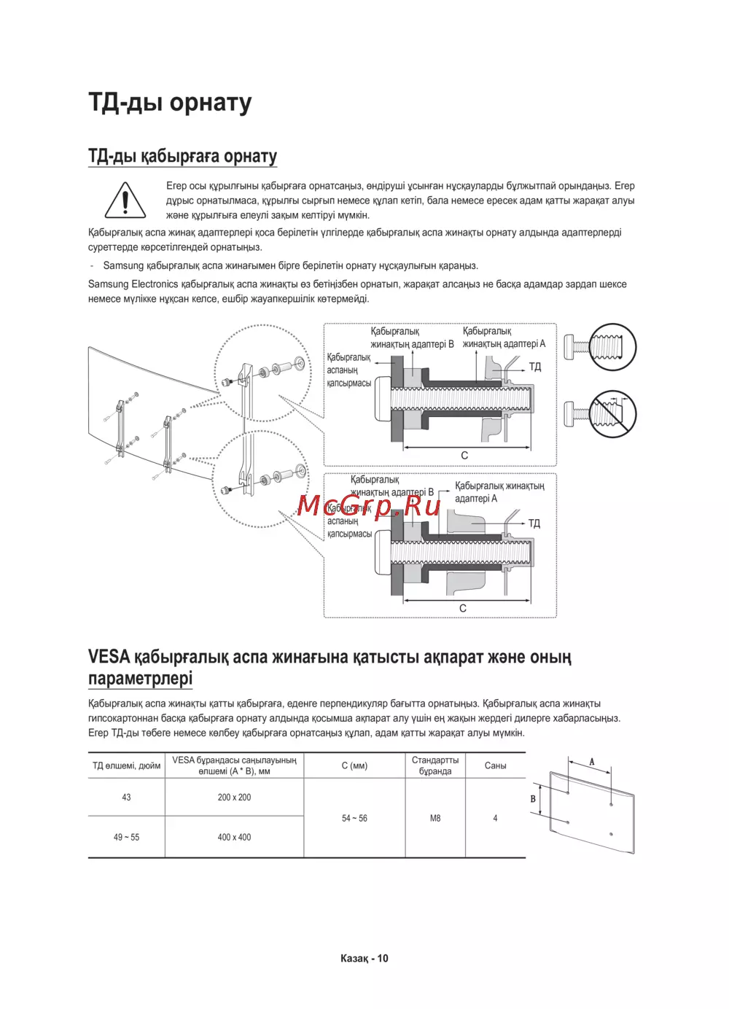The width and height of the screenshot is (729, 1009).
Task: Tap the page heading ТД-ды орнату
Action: (x=170, y=103)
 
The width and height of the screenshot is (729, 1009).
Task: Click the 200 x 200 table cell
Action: (x=234, y=798)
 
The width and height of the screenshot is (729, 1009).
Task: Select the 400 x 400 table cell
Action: (x=234, y=838)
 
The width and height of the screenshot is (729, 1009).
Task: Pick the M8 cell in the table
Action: (x=435, y=819)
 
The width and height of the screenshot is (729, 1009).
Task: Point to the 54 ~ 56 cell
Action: (x=354, y=819)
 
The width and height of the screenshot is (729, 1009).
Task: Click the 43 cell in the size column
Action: (x=126, y=798)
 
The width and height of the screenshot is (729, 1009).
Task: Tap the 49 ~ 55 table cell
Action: (x=126, y=838)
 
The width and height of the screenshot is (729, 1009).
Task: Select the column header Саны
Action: (x=495, y=766)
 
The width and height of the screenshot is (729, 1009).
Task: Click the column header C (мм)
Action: (x=354, y=766)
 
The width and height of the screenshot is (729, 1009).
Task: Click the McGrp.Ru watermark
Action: (x=369, y=504)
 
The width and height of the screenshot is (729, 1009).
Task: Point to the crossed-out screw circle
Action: (x=612, y=414)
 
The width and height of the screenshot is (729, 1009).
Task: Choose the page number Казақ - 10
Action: (x=364, y=959)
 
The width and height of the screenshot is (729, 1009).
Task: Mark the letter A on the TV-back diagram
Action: (x=592, y=762)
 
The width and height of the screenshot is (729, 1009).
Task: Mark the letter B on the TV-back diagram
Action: (x=533, y=799)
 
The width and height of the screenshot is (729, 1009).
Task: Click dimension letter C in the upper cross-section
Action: (x=464, y=456)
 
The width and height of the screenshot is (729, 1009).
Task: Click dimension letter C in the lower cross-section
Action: (x=463, y=608)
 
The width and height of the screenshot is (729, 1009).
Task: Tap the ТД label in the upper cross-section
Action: (x=535, y=367)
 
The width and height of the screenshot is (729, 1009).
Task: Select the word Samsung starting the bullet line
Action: (x=123, y=266)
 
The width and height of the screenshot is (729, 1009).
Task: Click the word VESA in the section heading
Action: (x=109, y=658)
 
